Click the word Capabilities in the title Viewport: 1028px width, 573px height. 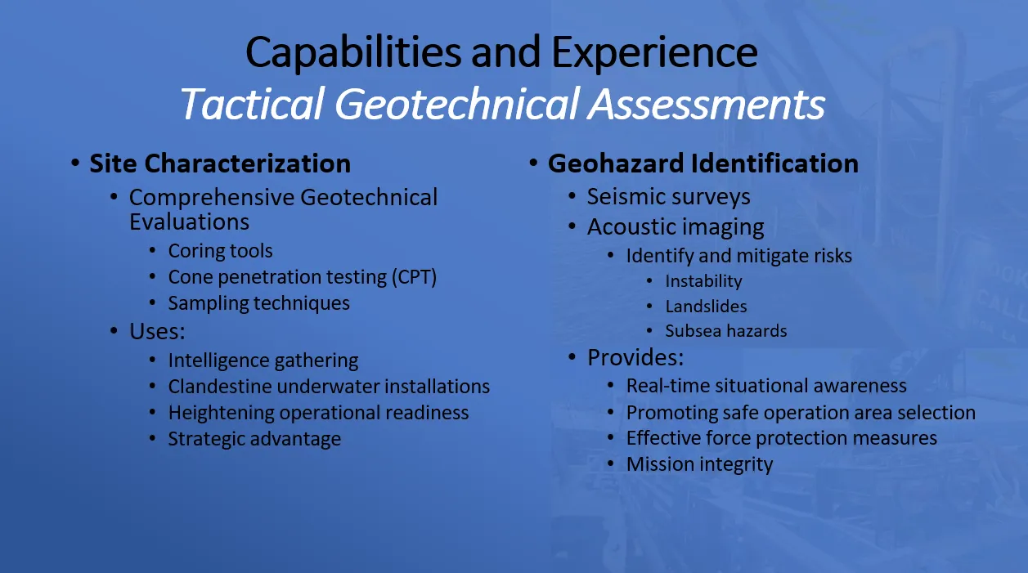(353, 53)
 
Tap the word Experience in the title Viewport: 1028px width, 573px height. (654, 54)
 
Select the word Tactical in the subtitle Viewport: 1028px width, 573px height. (253, 104)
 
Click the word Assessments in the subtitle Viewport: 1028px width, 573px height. (707, 104)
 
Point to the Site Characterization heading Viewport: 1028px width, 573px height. (220, 163)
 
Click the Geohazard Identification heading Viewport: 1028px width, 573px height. (703, 163)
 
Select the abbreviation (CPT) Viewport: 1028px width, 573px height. (414, 277)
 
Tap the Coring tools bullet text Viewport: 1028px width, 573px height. (220, 251)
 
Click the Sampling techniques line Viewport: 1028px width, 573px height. (258, 303)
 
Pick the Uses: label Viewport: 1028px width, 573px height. (157, 331)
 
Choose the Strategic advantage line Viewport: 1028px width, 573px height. (254, 439)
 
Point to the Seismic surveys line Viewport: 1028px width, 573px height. (669, 197)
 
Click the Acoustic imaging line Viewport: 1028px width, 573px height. (676, 227)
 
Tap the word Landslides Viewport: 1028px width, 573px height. (706, 307)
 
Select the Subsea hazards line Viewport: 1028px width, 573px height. (726, 331)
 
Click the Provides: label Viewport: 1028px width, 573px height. (635, 357)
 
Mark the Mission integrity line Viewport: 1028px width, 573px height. (700, 464)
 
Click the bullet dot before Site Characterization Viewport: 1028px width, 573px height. (75, 163)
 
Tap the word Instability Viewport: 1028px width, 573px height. (703, 281)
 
